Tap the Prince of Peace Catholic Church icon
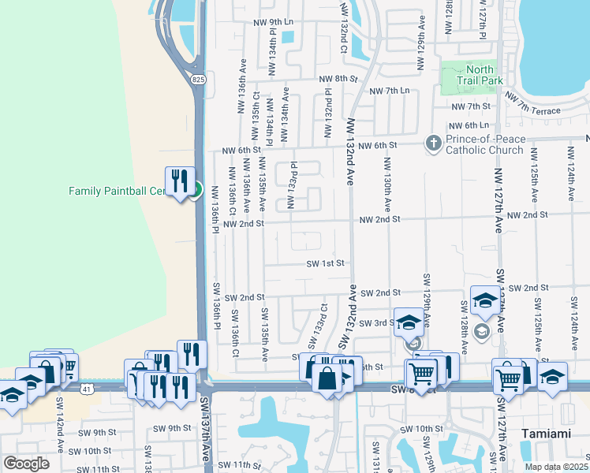point(433,143)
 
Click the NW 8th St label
point(338,79)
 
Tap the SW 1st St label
point(326,264)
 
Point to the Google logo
point(26,464)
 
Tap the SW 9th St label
point(173,428)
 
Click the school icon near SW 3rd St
point(408,322)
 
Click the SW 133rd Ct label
point(317,325)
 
